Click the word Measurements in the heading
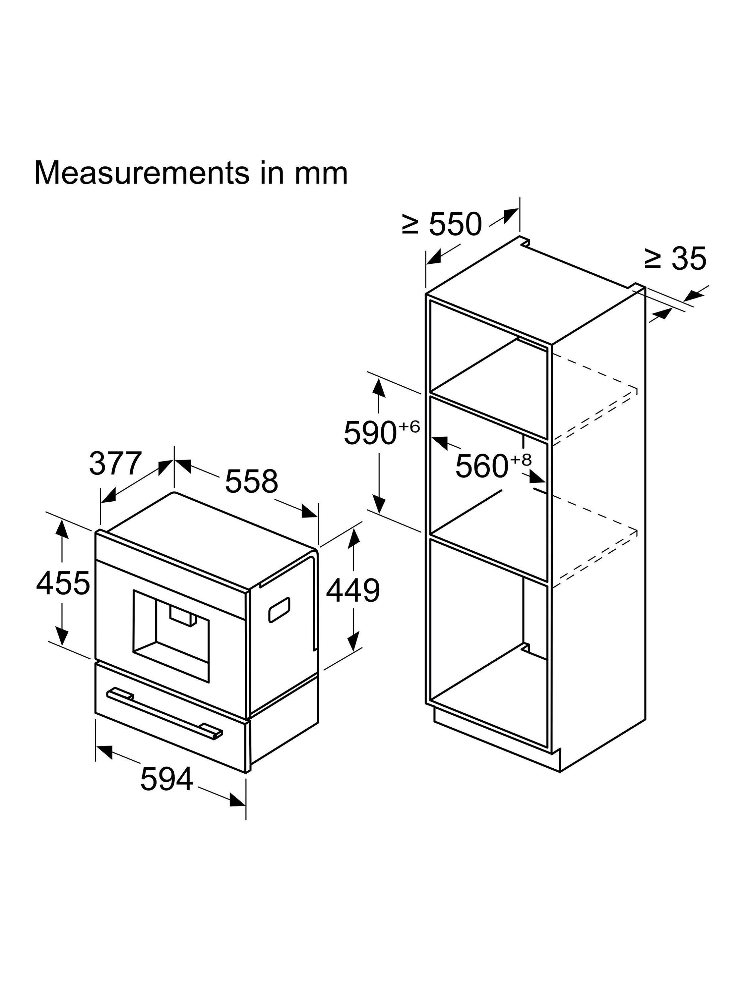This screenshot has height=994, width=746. (x=142, y=173)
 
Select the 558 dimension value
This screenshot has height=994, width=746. (x=251, y=481)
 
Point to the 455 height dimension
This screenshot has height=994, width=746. (x=63, y=583)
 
